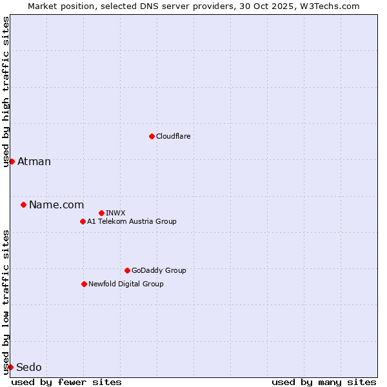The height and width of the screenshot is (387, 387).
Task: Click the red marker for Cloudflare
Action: [152, 136]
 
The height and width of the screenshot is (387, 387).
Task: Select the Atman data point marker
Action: [12, 161]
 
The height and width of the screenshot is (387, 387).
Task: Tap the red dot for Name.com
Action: [23, 205]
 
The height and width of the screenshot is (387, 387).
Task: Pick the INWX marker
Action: [101, 213]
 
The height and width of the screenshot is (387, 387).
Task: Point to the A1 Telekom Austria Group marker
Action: [83, 221]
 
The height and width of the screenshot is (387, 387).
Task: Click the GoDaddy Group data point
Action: [127, 270]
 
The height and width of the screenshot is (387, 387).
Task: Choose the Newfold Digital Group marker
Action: [84, 284]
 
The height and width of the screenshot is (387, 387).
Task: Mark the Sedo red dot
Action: [10, 367]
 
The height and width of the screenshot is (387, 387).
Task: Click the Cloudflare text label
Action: [173, 136]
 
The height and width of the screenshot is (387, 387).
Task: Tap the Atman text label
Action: [34, 161]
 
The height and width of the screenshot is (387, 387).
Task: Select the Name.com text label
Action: [56, 205]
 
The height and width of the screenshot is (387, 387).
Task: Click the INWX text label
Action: [115, 213]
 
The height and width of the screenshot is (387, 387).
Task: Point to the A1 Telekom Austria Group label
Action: [132, 221]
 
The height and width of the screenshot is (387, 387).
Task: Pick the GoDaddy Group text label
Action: [159, 270]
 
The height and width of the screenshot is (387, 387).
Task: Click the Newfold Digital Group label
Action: [126, 284]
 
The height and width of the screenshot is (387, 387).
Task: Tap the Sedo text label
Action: [29, 368]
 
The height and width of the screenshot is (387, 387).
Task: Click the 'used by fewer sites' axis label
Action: [66, 382]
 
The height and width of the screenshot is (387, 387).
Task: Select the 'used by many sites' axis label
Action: [324, 382]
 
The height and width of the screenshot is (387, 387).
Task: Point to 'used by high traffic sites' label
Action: [6, 92]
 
